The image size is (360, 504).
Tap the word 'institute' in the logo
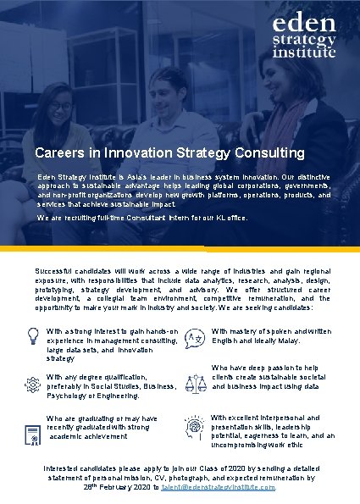point(304,52)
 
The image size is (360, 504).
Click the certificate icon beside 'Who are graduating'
point(32,429)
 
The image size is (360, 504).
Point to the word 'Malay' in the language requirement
point(288,339)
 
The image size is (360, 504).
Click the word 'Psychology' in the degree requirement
point(69,395)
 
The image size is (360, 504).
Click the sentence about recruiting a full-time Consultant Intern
point(142,218)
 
